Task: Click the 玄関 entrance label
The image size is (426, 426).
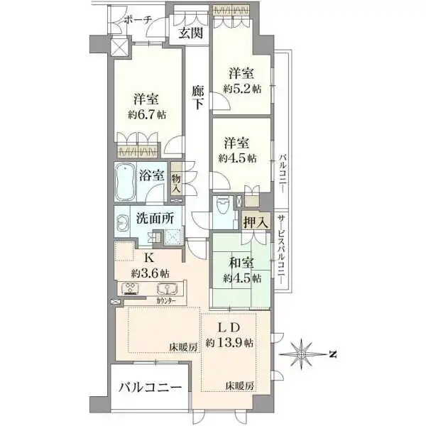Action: pyautogui.click(x=191, y=33)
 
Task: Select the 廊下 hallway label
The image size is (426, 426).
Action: pyautogui.click(x=197, y=98)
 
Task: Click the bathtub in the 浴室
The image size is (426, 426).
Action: pyautogui.click(x=126, y=182)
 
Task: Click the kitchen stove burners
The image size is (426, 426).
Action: pyautogui.click(x=130, y=288)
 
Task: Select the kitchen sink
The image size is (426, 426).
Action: pyautogui.click(x=167, y=288)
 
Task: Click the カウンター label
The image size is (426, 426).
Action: pyautogui.click(x=166, y=301)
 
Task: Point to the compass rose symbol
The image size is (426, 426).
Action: pyautogui.click(x=301, y=354)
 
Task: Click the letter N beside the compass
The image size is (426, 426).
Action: pyautogui.click(x=332, y=354)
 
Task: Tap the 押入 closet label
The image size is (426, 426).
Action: pyautogui.click(x=256, y=222)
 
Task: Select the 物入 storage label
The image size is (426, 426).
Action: pyautogui.click(x=176, y=184)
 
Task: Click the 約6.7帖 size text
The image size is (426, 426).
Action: pyautogui.click(x=147, y=114)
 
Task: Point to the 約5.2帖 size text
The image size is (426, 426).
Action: pyautogui.click(x=242, y=89)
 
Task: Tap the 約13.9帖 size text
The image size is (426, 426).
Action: pyautogui.click(x=229, y=343)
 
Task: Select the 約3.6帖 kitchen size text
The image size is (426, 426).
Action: pyautogui.click(x=150, y=273)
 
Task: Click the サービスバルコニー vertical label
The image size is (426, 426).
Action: pyautogui.click(x=282, y=249)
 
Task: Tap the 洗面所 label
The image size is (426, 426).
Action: pyautogui.click(x=155, y=218)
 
